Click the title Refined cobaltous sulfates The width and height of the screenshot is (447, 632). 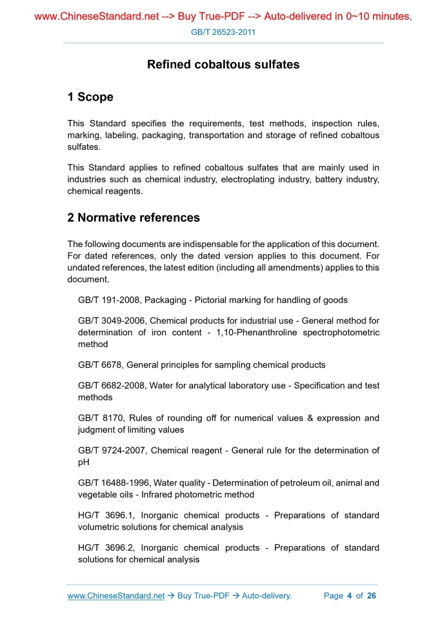coord(223,64)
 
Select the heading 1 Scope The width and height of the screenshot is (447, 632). coord(90,97)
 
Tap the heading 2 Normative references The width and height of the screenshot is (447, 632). coord(134,218)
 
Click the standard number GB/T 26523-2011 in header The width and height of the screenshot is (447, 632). coord(223,32)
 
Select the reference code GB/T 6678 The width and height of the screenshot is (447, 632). coord(99,365)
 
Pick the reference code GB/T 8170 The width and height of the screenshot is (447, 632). coord(99,418)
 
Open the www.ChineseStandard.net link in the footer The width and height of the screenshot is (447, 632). coord(116,596)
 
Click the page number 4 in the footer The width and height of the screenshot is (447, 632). coord(349,596)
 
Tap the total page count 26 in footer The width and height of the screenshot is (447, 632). coord(371,596)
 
